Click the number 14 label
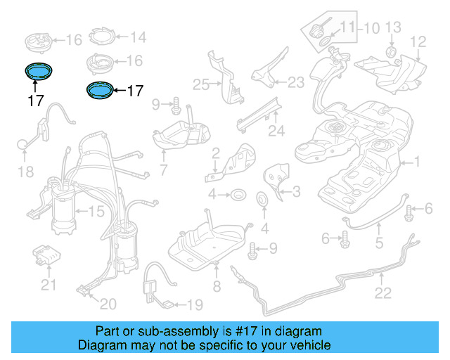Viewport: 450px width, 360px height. pos(137,37)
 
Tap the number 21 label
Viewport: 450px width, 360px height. pos(47,285)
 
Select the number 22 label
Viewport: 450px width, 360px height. pos(382,293)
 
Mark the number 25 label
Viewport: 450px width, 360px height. pos(201,84)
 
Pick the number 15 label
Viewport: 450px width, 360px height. pos(94,210)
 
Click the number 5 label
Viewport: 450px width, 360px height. pos(378,245)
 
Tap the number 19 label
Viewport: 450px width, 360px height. pos(195,304)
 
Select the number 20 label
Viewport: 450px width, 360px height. pos(108,304)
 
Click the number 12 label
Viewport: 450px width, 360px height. pos(418,41)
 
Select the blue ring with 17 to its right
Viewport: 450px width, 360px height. pos(98,89)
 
